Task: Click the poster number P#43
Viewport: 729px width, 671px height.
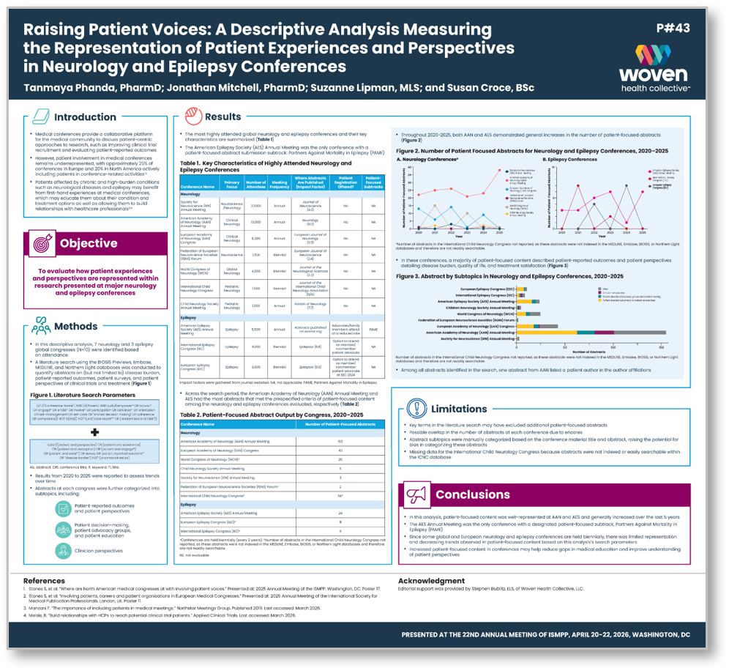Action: point(673,29)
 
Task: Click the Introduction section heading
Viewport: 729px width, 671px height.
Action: point(85,116)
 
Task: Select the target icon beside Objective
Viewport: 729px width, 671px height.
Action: point(42,243)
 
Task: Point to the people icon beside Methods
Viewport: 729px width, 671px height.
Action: point(40,327)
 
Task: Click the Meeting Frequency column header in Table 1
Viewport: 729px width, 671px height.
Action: point(280,184)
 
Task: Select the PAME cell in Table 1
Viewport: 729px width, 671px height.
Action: point(373,330)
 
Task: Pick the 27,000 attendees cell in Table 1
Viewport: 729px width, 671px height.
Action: point(256,207)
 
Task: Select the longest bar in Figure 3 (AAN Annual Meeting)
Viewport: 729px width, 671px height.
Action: point(589,332)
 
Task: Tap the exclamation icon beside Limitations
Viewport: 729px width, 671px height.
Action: point(416,407)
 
